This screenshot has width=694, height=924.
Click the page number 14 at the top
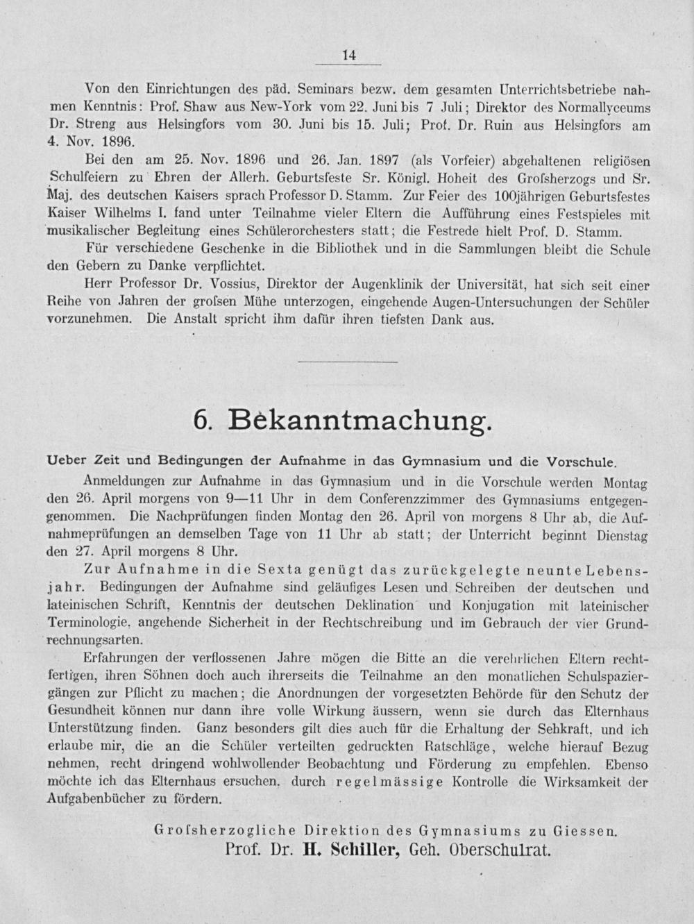(x=348, y=56)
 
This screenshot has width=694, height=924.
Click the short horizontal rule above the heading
(x=348, y=362)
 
